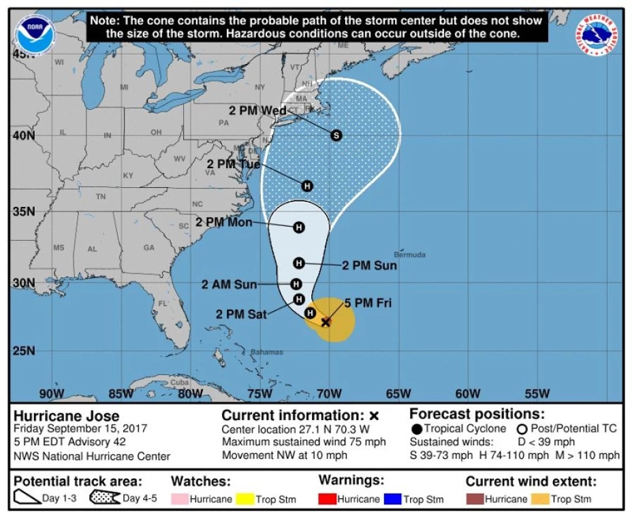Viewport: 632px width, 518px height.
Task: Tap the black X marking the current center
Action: coord(326,321)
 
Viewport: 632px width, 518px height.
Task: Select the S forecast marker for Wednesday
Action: coord(336,135)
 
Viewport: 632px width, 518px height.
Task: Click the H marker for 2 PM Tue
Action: coord(307,186)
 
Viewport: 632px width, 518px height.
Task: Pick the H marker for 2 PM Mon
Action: coord(298,227)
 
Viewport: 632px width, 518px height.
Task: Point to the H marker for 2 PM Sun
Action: coord(298,263)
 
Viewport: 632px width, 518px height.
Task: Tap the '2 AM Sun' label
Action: coord(230,285)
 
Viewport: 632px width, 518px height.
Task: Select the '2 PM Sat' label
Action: coord(242,314)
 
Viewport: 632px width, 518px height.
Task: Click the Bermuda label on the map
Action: coord(410,255)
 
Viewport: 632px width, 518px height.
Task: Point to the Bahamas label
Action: coord(266,352)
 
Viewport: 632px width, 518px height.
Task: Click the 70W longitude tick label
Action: coord(330,393)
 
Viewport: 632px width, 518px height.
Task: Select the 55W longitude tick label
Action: coord(537,393)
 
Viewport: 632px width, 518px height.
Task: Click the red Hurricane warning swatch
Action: coord(330,499)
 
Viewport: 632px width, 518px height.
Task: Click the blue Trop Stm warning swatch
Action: coord(392,499)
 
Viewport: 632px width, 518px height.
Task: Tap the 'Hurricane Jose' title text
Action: coord(67,416)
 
